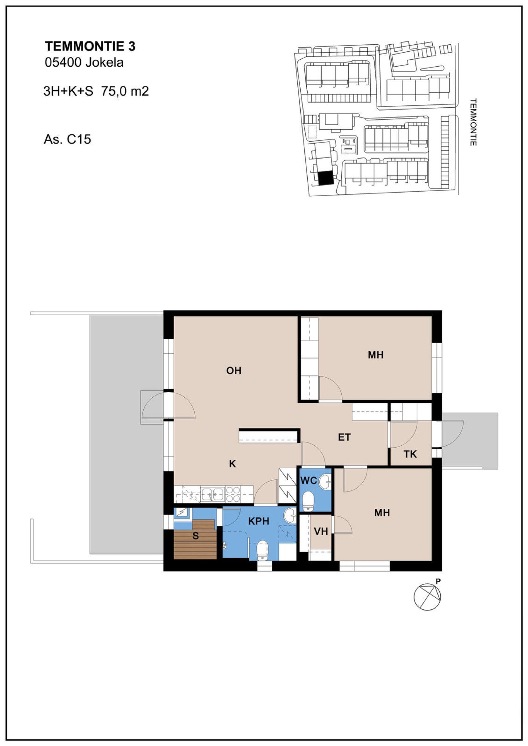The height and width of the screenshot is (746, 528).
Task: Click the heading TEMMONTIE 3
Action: [x=90, y=47]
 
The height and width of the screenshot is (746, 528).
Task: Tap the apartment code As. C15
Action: [x=67, y=140]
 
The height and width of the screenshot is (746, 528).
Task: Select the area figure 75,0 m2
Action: [x=125, y=91]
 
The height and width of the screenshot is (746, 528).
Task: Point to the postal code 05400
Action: [x=63, y=63]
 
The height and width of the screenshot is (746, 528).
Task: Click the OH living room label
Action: [x=234, y=371]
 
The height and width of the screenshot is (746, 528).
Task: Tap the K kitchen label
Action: [x=232, y=464]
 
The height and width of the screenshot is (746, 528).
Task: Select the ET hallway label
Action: [x=344, y=437]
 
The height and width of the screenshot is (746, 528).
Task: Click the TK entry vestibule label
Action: [x=410, y=454]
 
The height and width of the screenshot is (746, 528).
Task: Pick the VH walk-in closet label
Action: [x=321, y=531]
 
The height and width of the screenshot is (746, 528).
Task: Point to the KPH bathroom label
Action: [x=258, y=521]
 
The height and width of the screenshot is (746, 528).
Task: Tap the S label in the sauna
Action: [x=196, y=536]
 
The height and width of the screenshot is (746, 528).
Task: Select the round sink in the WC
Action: [x=325, y=482]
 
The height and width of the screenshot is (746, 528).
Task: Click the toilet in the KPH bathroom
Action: [x=263, y=551]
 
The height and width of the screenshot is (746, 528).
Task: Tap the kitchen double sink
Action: [x=213, y=494]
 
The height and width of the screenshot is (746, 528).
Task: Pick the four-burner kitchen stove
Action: [x=233, y=494]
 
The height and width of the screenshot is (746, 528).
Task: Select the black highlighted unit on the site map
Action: [x=326, y=178]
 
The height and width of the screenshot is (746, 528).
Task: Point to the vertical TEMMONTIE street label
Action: [x=473, y=122]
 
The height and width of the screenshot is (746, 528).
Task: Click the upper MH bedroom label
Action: [x=376, y=355]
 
